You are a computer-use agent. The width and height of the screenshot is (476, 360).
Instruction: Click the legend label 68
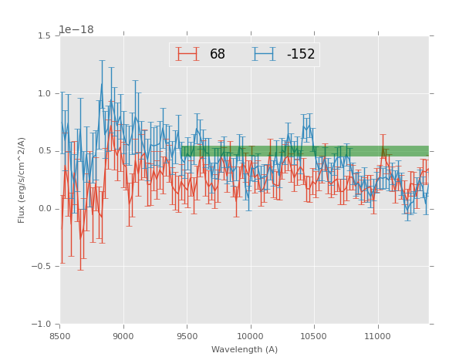point(218,54)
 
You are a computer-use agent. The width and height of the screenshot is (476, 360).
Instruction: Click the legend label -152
point(300,54)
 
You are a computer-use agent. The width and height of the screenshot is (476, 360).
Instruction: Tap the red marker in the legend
point(187,54)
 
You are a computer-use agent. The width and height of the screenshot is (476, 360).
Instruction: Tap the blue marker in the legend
point(264,54)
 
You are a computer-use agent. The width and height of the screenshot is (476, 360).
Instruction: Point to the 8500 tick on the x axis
point(60,336)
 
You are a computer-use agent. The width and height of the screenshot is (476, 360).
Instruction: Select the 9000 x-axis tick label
point(123,336)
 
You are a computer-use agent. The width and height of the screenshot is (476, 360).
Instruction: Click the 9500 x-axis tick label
point(187,336)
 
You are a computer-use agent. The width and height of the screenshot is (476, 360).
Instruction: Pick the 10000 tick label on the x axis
point(250,336)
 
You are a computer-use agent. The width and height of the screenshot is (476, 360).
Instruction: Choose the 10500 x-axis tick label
point(314,336)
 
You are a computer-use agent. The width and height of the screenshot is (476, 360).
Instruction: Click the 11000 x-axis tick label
point(377,336)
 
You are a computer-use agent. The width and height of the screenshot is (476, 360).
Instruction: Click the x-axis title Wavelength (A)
point(245,349)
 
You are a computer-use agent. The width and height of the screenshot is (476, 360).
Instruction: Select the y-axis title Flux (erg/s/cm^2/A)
point(22,180)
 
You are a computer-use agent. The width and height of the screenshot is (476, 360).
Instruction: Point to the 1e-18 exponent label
point(76,29)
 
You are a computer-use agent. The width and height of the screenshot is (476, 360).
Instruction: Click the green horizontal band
point(309,151)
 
